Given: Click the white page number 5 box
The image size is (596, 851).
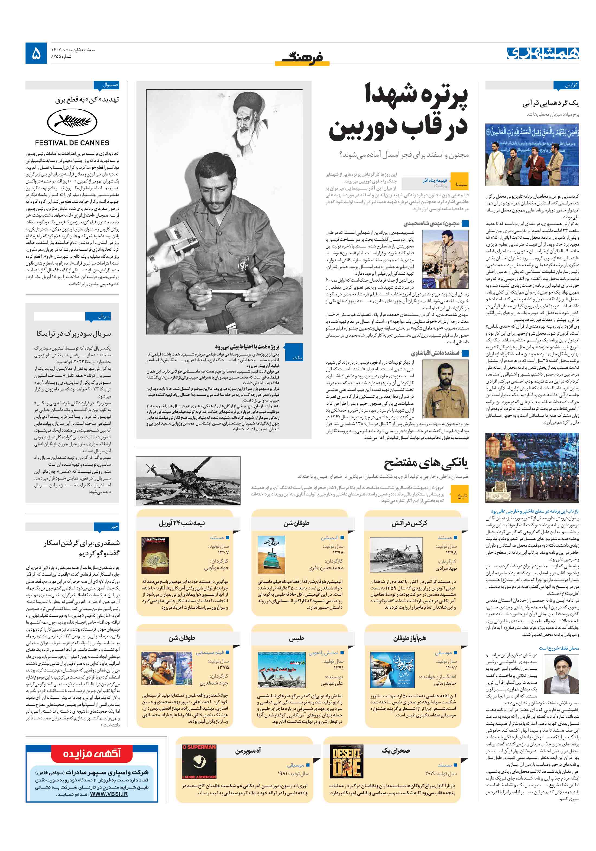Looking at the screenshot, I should click(x=36, y=53).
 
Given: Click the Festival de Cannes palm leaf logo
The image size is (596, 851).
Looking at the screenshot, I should click(x=72, y=123).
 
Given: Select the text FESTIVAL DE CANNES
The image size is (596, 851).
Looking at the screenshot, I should click(x=72, y=143).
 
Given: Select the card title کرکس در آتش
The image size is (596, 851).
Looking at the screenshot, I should click(x=409, y=523).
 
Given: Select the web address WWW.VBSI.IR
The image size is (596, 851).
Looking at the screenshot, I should click(x=109, y=794).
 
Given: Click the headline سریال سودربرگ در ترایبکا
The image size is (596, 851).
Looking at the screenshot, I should click(x=73, y=334).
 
